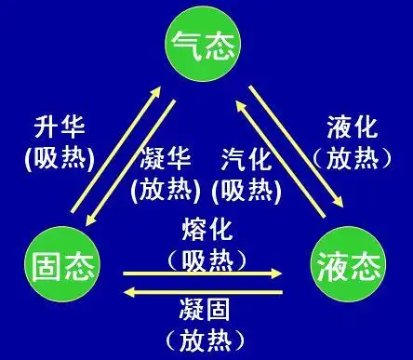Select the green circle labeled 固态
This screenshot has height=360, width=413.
coord(59,262)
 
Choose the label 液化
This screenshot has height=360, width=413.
coord(352,127)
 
